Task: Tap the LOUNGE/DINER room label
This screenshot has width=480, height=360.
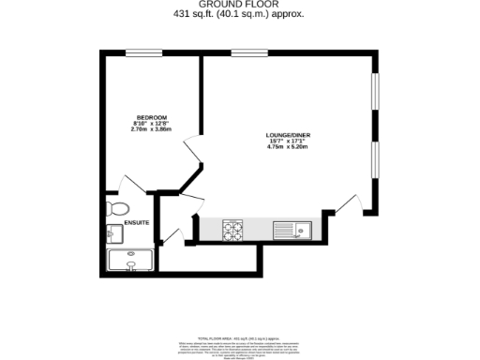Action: point(285,135)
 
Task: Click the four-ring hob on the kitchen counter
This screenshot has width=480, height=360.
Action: point(233,228)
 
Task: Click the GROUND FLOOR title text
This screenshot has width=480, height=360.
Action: point(240,5)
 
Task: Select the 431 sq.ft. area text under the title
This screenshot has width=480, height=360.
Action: point(240,14)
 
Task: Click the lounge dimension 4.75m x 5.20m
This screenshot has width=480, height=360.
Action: point(285,148)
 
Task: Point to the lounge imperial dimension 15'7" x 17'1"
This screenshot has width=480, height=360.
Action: point(285,142)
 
